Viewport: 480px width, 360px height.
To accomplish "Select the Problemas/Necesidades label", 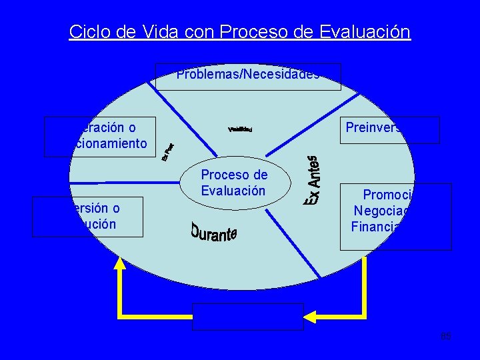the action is click(248, 75).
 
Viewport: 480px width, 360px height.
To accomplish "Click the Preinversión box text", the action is click(375, 128).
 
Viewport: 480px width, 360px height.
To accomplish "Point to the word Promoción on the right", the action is click(389, 195).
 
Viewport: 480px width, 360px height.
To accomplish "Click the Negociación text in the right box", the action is click(384, 211).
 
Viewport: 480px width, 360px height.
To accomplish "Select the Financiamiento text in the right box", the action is click(383, 226).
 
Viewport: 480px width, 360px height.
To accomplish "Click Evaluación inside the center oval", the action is click(233, 191).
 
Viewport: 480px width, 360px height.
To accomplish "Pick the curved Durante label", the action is click(213, 231).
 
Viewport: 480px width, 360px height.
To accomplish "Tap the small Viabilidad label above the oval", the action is click(240, 129).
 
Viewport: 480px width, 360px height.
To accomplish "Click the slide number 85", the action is click(446, 336).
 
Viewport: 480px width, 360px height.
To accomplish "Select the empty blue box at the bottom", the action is click(248, 317).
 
